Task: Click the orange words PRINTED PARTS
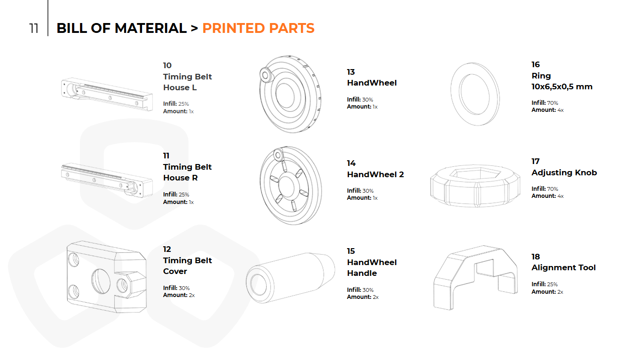(258, 28)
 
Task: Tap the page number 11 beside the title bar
(34, 28)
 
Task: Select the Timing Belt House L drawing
(107, 94)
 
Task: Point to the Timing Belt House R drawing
(107, 180)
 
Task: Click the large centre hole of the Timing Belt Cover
(101, 281)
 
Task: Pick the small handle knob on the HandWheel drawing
(266, 75)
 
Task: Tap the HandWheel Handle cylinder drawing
(290, 278)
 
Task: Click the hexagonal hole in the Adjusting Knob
(475, 173)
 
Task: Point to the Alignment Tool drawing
(475, 277)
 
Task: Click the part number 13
(351, 72)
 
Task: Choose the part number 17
(535, 161)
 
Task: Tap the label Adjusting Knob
(564, 172)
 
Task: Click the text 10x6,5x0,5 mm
(562, 86)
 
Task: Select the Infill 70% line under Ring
(545, 103)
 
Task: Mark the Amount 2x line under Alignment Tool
(547, 292)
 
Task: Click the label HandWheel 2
(375, 174)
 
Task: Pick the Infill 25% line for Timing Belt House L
(176, 104)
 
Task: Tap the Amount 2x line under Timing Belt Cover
(179, 295)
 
